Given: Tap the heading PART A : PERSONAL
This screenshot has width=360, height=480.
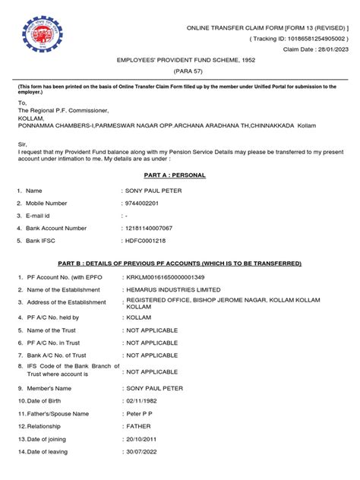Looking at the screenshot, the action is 179,175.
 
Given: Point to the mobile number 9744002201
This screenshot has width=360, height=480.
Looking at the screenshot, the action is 146,203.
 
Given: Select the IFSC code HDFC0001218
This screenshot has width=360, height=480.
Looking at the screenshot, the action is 148,241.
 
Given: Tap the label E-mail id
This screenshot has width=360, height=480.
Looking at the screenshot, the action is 42,216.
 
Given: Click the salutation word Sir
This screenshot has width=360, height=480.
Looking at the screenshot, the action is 23,141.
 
